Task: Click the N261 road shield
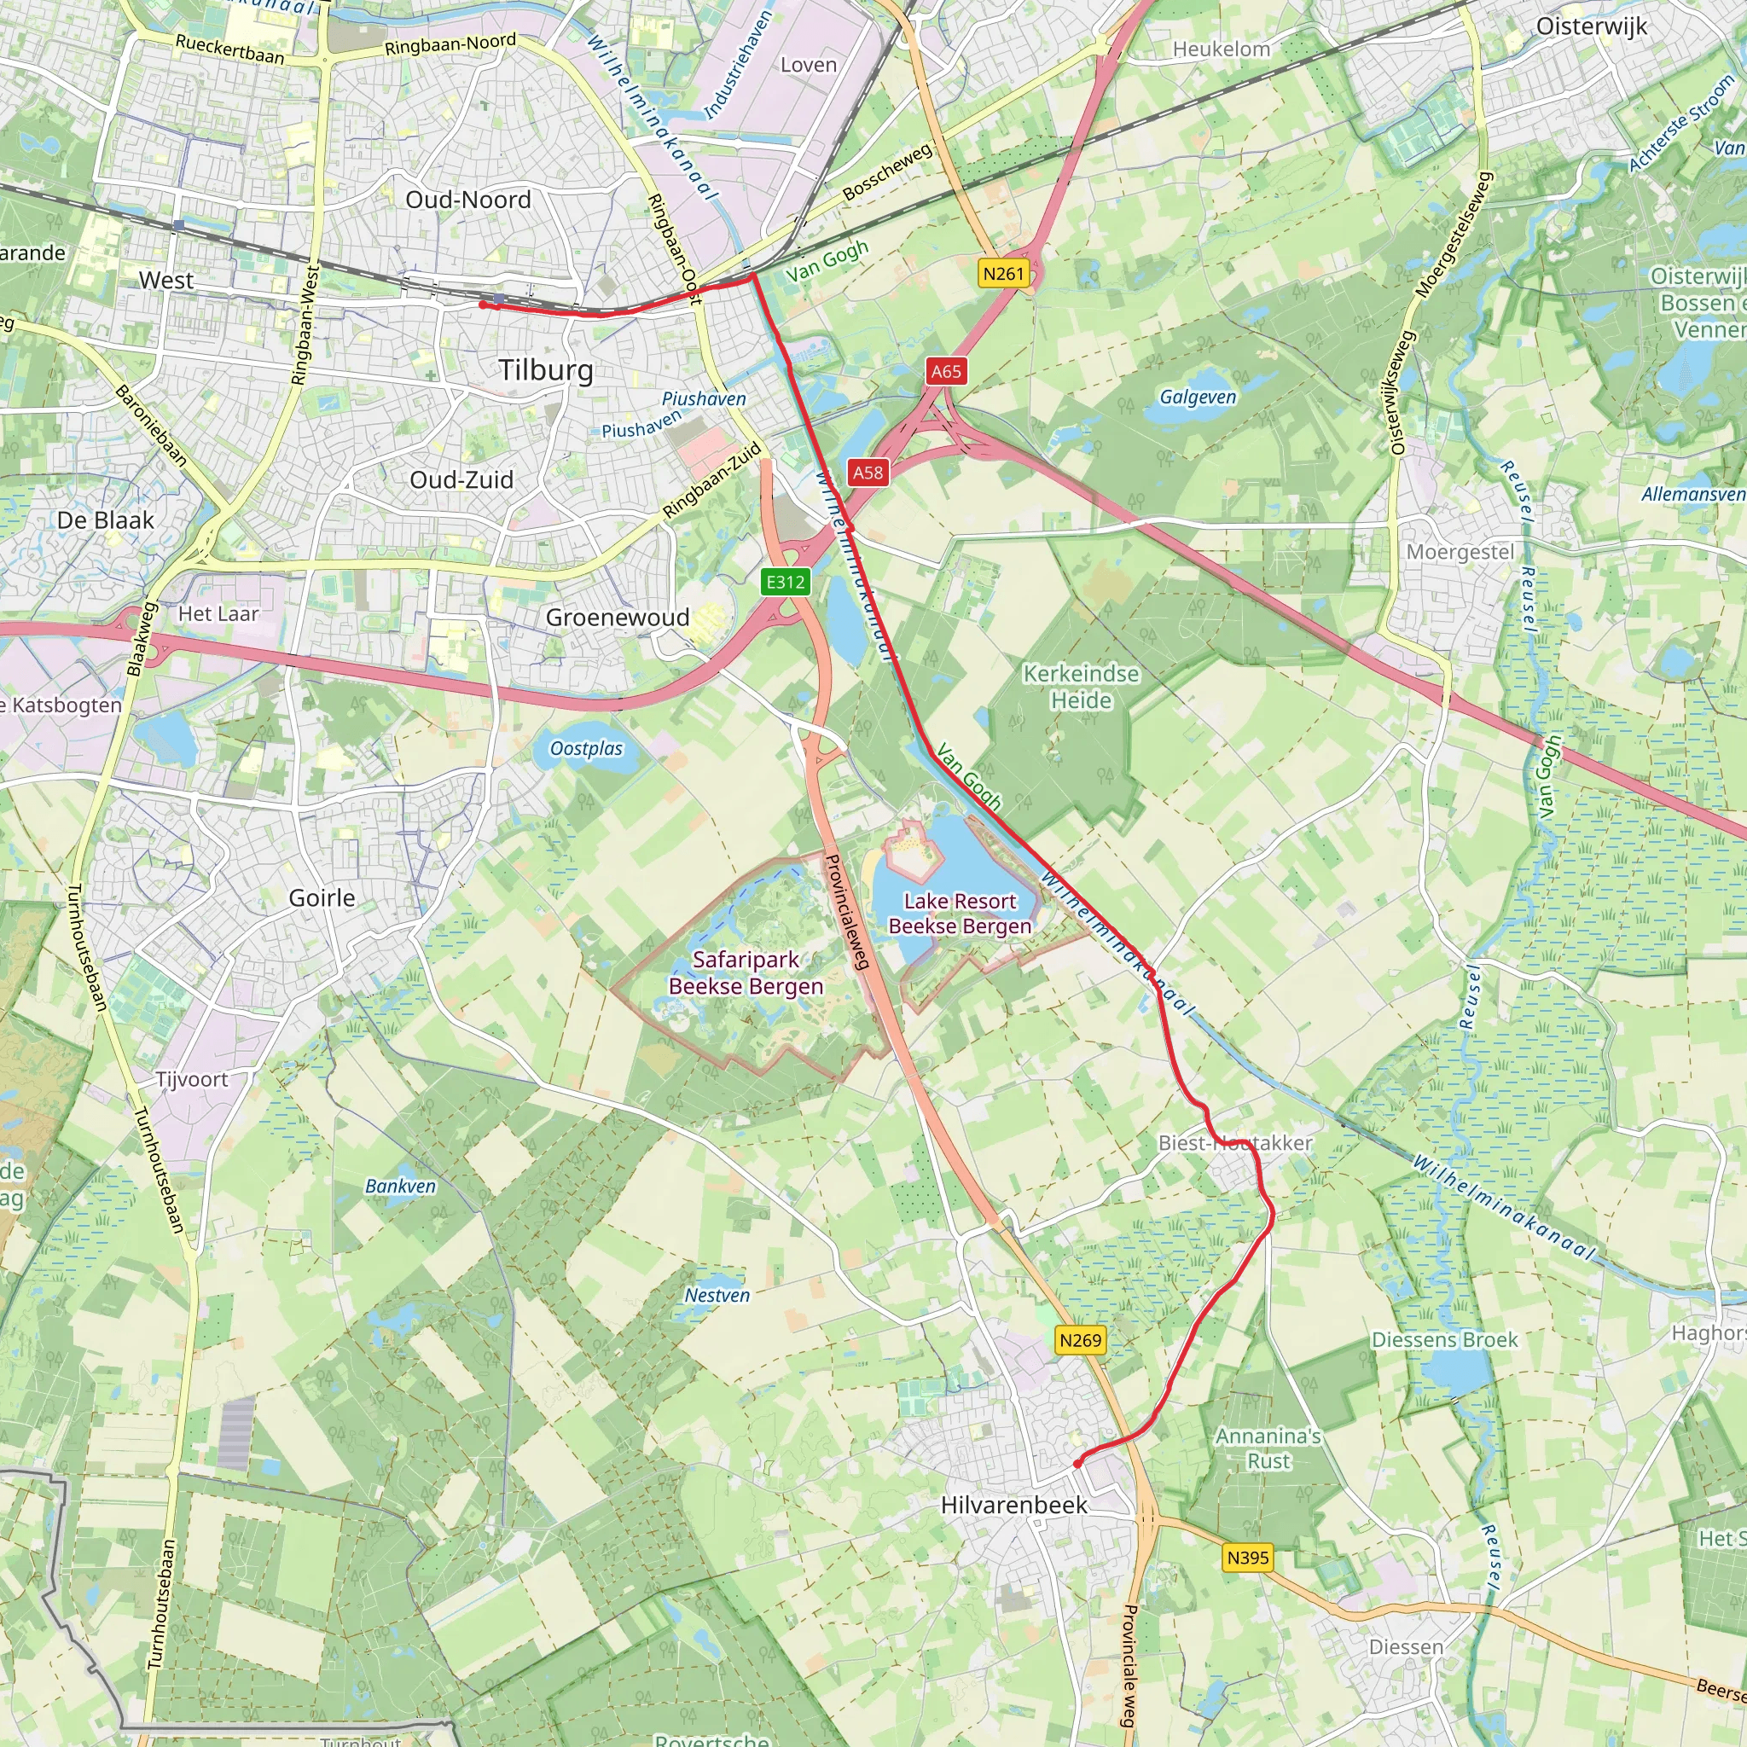coord(1004,273)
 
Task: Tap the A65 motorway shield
coord(946,371)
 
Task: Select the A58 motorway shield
coord(868,472)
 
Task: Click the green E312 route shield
coord(785,583)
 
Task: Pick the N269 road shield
coord(1081,1340)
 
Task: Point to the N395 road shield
coord(1248,1558)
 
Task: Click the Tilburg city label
coord(546,370)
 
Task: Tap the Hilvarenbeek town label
coord(1013,1505)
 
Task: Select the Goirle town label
coord(322,898)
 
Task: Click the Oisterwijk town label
coord(1592,26)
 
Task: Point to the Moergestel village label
coord(1460,552)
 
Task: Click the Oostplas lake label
coord(586,749)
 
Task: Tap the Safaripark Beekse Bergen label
coord(746,973)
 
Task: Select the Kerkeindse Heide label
coord(1082,687)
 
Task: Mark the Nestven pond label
coord(717,1295)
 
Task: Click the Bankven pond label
coord(401,1186)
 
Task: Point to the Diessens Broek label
coord(1444,1340)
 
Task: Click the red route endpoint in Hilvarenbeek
coord(1077,1463)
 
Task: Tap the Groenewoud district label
coord(618,618)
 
